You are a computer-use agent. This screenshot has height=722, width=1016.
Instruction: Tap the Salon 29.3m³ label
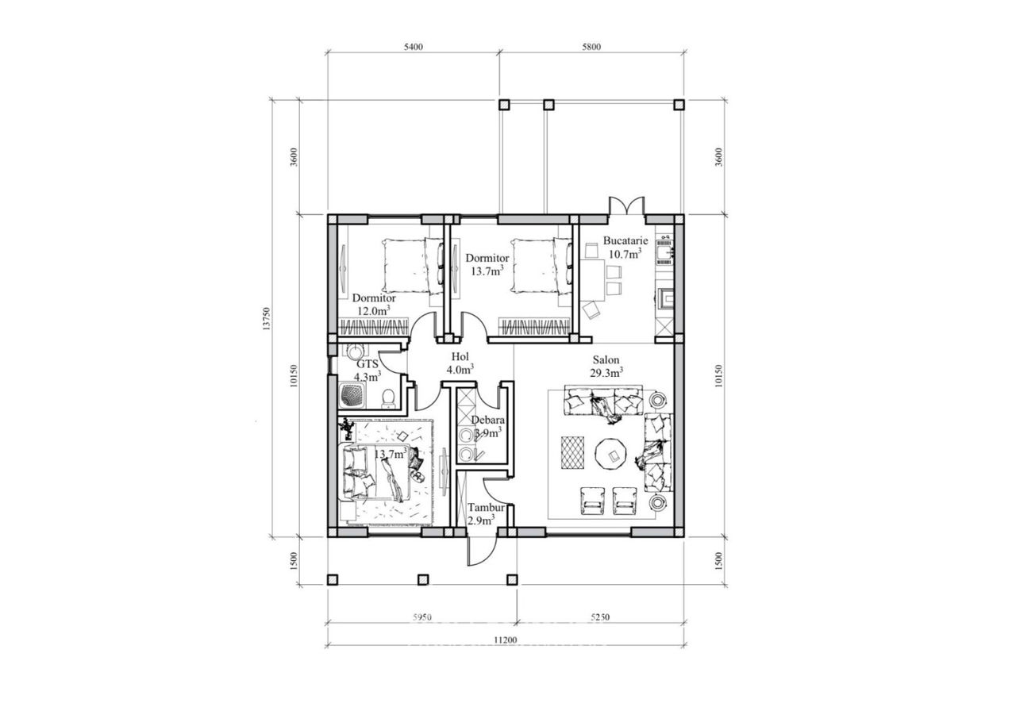pyautogui.click(x=606, y=366)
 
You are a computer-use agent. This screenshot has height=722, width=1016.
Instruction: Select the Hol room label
pyautogui.click(x=460, y=363)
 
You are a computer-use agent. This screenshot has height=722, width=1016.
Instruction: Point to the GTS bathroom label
pyautogui.click(x=367, y=370)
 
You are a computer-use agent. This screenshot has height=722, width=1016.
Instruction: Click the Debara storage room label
pyautogui.click(x=487, y=426)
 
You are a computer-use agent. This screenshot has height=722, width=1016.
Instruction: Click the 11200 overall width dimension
pyautogui.click(x=505, y=640)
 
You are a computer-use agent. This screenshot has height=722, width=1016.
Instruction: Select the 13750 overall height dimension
pyautogui.click(x=267, y=318)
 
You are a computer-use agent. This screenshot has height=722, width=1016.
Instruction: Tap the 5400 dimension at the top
pyautogui.click(x=413, y=47)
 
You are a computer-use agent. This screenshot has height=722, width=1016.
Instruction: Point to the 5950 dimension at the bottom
pyautogui.click(x=421, y=617)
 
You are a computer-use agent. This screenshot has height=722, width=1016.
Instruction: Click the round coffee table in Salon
pyautogui.click(x=612, y=455)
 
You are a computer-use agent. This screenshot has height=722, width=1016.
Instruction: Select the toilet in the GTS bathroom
pyautogui.click(x=388, y=399)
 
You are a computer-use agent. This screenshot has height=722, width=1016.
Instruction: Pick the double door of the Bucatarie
pyautogui.click(x=627, y=206)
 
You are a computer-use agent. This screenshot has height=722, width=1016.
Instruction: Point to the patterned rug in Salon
pyautogui.click(x=573, y=452)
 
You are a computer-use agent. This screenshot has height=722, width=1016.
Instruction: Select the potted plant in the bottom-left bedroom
pyautogui.click(x=347, y=428)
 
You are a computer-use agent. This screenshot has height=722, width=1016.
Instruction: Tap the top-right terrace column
pyautogui.click(x=679, y=105)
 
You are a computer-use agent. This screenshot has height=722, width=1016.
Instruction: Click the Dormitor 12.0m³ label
pyautogui.click(x=374, y=305)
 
